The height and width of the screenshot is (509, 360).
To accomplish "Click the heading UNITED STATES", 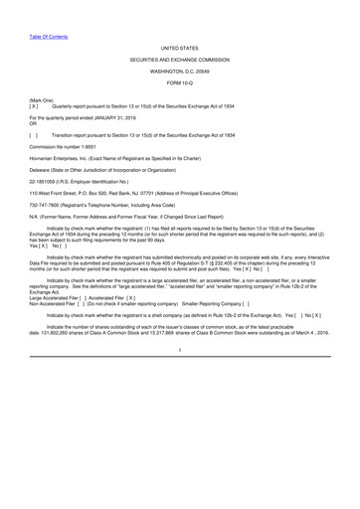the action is tap(179, 47).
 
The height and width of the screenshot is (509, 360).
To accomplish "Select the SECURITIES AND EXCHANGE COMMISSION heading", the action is tap(179, 61).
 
